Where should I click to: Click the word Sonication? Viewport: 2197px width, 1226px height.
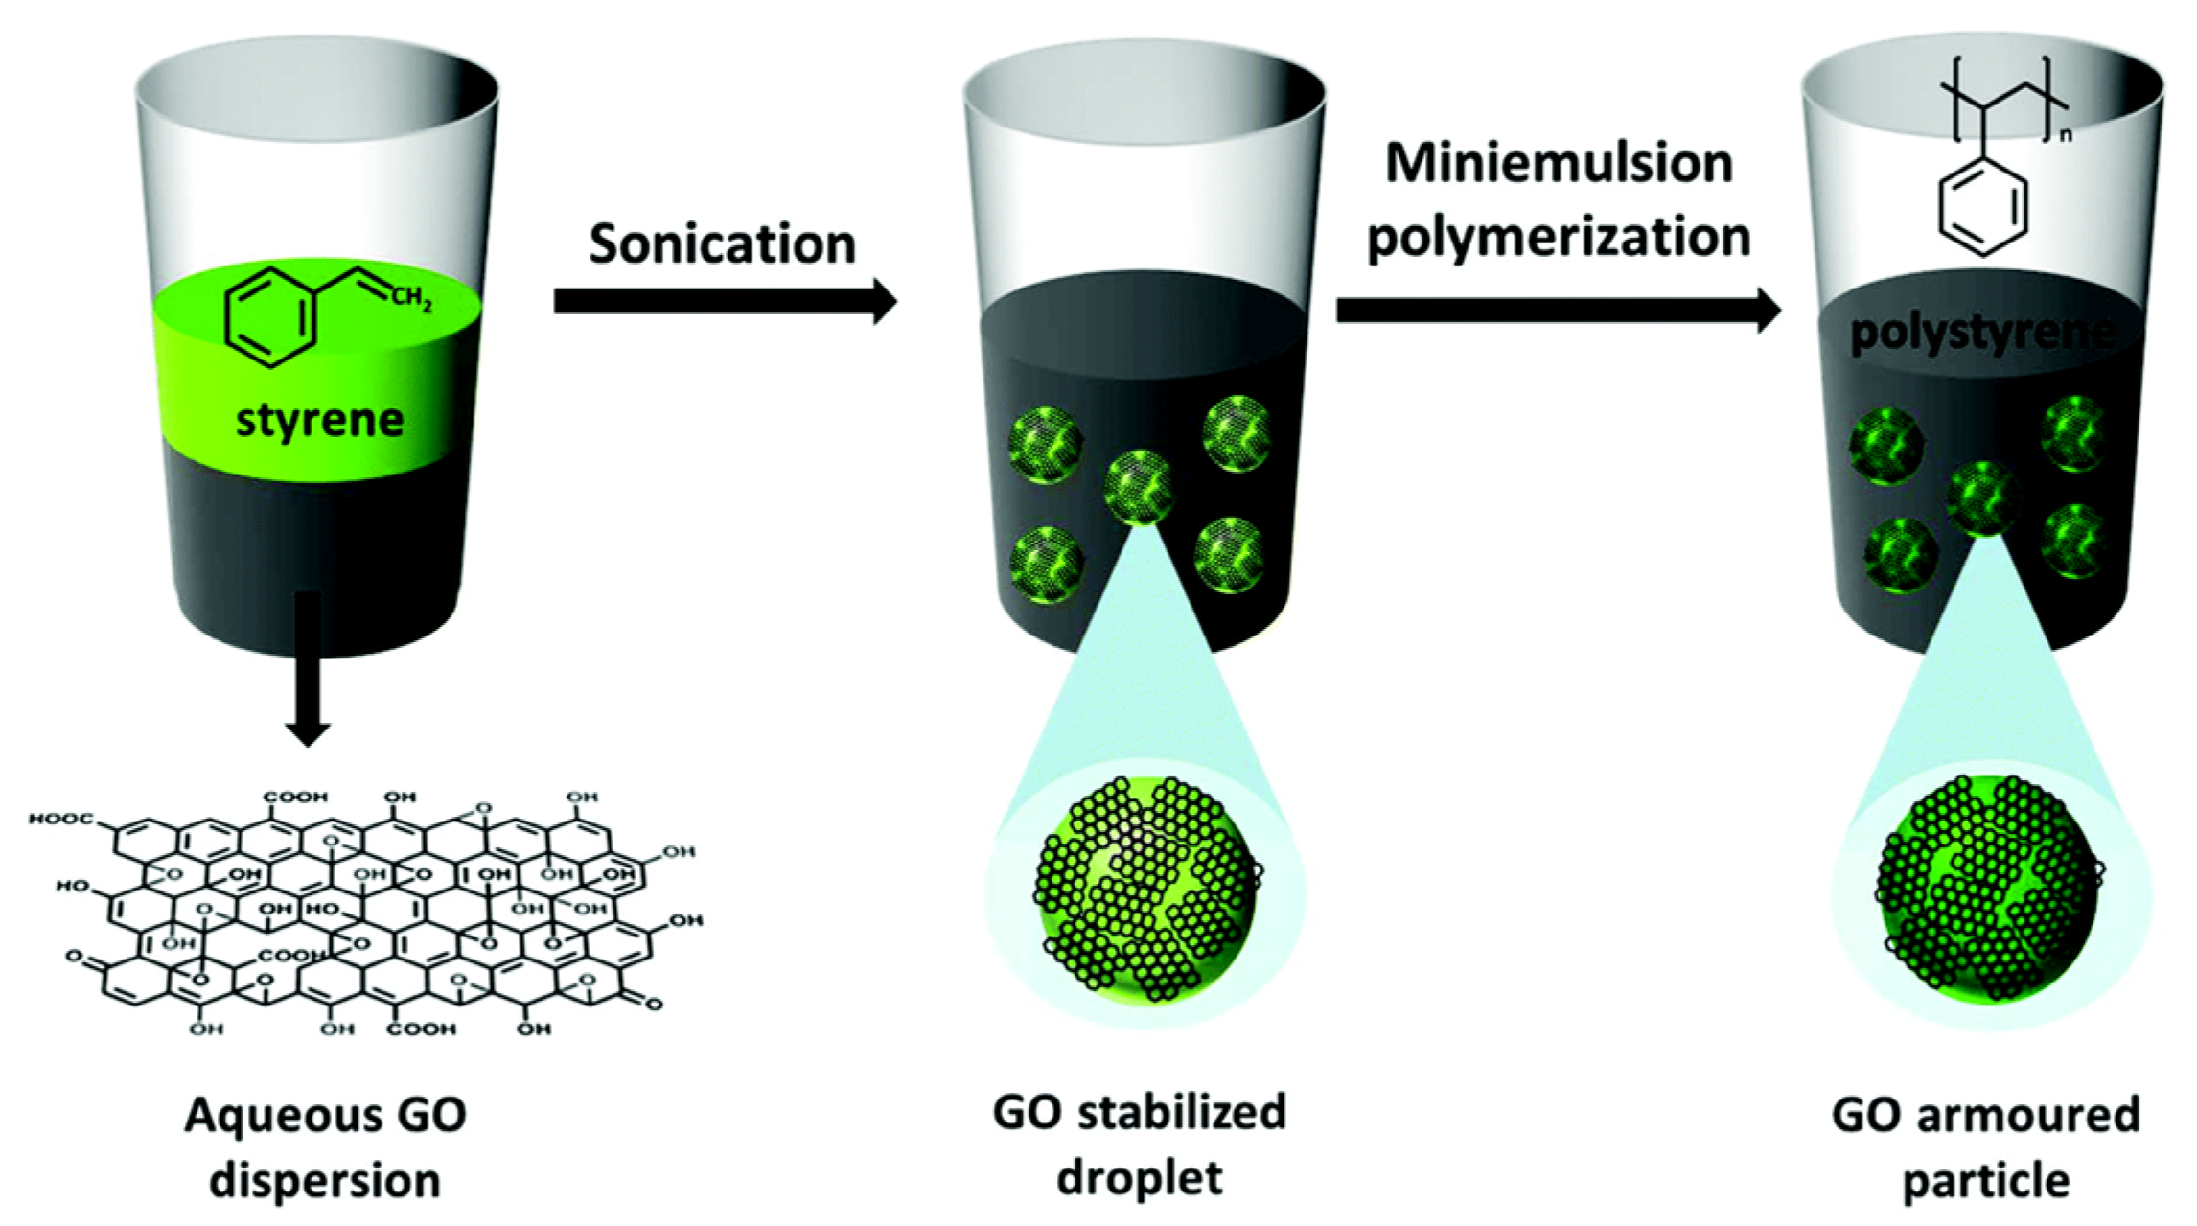pos(722,243)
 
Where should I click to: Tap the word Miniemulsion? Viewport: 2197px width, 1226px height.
pos(1559,163)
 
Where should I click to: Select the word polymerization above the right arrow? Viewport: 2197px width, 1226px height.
pos(1559,237)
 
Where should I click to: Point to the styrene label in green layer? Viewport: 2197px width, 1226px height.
pos(319,420)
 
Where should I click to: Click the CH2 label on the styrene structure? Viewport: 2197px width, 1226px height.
pos(411,299)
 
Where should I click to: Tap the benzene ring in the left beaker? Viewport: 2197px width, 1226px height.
pos(270,317)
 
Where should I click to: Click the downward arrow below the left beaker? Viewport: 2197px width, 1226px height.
pos(308,671)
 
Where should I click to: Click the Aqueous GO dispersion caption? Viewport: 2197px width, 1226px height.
pos(325,1146)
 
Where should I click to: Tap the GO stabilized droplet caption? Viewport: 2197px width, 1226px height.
pos(1139,1145)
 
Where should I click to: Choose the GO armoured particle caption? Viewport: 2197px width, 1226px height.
pos(1985,1146)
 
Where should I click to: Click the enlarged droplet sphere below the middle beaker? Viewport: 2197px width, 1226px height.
pos(1145,888)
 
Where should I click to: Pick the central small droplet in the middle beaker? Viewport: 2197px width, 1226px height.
pos(1139,485)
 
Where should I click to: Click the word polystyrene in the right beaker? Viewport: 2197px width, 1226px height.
pos(1979,333)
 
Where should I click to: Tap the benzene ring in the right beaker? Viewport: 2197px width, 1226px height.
pos(1982,208)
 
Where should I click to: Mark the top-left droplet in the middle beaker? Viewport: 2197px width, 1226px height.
pos(1047,444)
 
